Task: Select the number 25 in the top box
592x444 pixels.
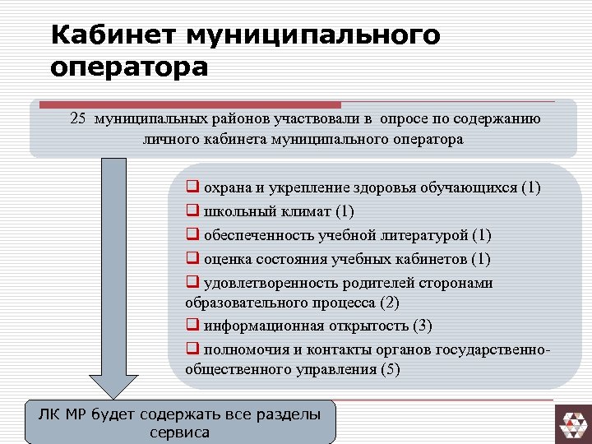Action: [x=78, y=119]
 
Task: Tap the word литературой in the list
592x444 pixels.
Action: [x=424, y=235]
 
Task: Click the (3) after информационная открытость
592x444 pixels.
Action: [x=422, y=326]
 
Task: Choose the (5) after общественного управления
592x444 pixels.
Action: [x=391, y=369]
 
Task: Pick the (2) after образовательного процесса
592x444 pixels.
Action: [x=390, y=303]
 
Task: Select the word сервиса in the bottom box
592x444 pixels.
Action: [x=180, y=432]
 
